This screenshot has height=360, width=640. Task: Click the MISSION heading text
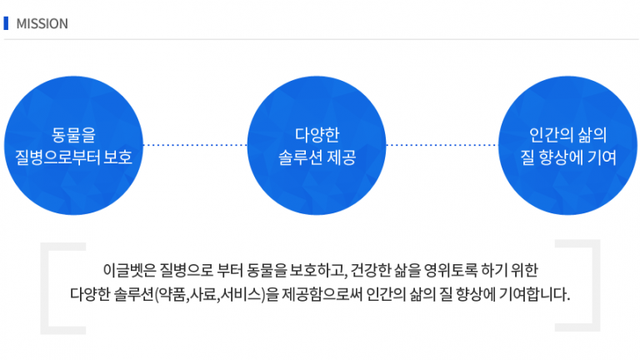pyautogui.click(x=42, y=23)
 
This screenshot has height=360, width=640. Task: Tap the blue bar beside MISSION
pyautogui.click(x=6, y=23)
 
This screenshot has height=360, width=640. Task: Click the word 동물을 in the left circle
pyautogui.click(x=73, y=135)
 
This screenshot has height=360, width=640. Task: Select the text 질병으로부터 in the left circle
pyautogui.click(x=57, y=157)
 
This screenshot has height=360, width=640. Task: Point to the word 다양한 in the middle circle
pyautogui.click(x=317, y=135)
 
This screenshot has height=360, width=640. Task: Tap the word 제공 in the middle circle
pyautogui.click(x=342, y=157)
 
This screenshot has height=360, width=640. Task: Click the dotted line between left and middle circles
pyautogui.click(x=195, y=145)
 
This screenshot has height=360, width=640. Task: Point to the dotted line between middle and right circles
pyautogui.click(x=442, y=145)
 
